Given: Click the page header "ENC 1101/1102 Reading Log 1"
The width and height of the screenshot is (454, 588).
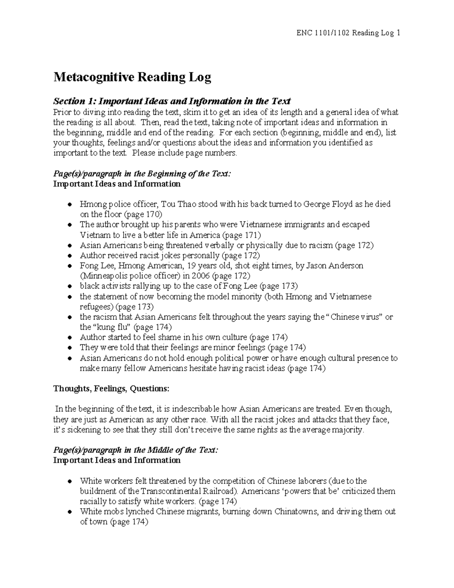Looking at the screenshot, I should (x=348, y=33).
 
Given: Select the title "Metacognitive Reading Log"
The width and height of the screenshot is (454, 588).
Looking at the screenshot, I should (x=132, y=77).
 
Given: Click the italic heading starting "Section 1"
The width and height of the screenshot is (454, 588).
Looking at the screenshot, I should (x=172, y=101).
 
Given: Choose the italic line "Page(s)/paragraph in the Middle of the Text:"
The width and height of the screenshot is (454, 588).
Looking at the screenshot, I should (x=136, y=450).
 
